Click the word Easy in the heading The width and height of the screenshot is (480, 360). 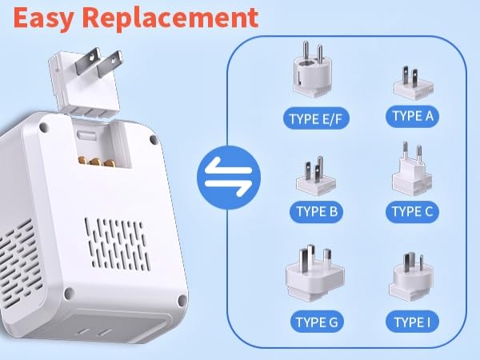[x=42, y=17]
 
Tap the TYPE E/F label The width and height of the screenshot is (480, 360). [x=314, y=120]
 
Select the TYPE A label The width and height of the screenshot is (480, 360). [x=413, y=117]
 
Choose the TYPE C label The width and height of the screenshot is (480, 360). [x=413, y=212]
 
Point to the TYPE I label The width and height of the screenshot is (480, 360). [x=413, y=322]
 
